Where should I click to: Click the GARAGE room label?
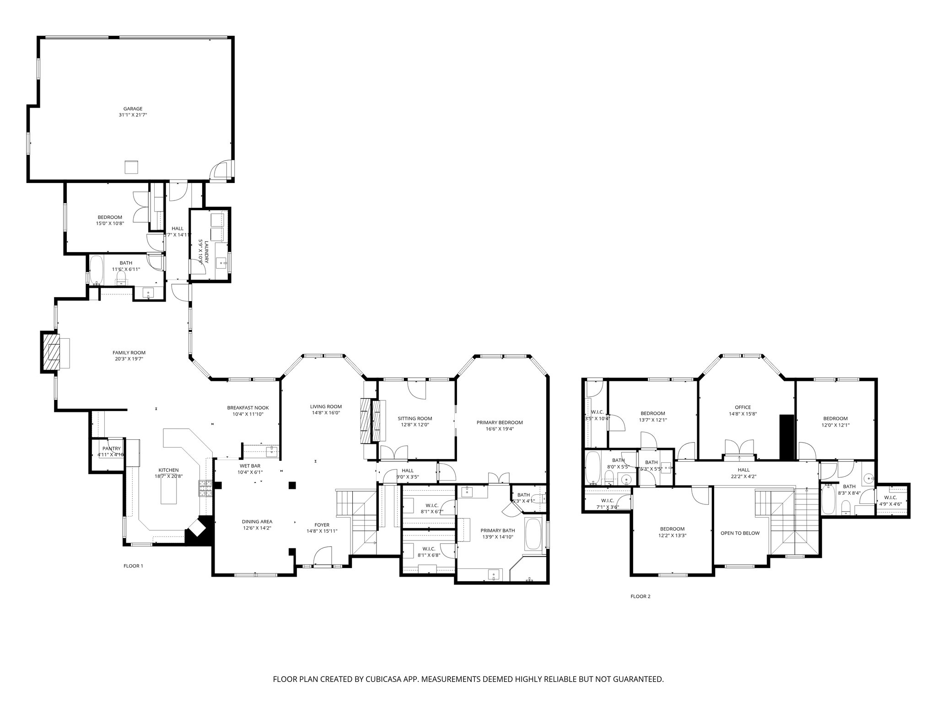133,109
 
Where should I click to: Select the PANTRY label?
111,449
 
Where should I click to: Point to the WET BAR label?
249,466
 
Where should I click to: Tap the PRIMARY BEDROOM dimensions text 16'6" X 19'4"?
499,429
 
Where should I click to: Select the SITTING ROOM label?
415,418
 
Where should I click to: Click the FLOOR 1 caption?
134,566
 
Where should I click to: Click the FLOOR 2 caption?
640,596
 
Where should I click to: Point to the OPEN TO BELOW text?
740,533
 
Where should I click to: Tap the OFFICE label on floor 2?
743,407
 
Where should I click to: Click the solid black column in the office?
786,437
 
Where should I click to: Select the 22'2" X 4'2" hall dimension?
743,476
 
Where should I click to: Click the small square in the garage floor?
131,168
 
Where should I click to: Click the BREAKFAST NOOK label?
248,408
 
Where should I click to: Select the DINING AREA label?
257,521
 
